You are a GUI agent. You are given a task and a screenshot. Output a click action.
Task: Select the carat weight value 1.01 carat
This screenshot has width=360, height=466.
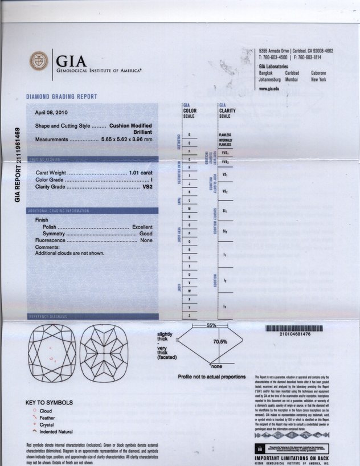(141, 172)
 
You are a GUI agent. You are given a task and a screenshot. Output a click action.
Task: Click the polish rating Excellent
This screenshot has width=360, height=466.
(142, 227)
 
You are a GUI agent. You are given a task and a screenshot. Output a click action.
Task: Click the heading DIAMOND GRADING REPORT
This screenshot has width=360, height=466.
(62, 97)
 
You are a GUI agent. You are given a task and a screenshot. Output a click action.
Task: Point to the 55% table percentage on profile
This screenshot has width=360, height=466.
(212, 325)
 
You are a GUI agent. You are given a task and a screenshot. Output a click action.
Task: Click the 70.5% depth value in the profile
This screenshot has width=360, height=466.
(220, 341)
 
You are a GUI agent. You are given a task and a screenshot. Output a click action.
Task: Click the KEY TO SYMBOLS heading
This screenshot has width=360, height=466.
(50, 403)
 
